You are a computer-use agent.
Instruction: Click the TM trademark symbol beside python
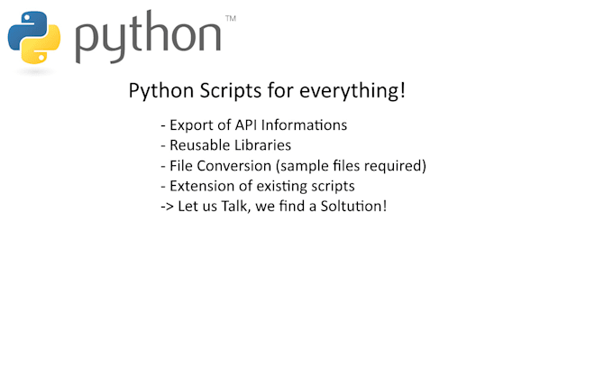230,18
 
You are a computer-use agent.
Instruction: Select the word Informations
305,125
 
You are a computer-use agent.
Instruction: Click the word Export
191,125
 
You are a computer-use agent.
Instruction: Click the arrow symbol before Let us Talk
166,207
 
